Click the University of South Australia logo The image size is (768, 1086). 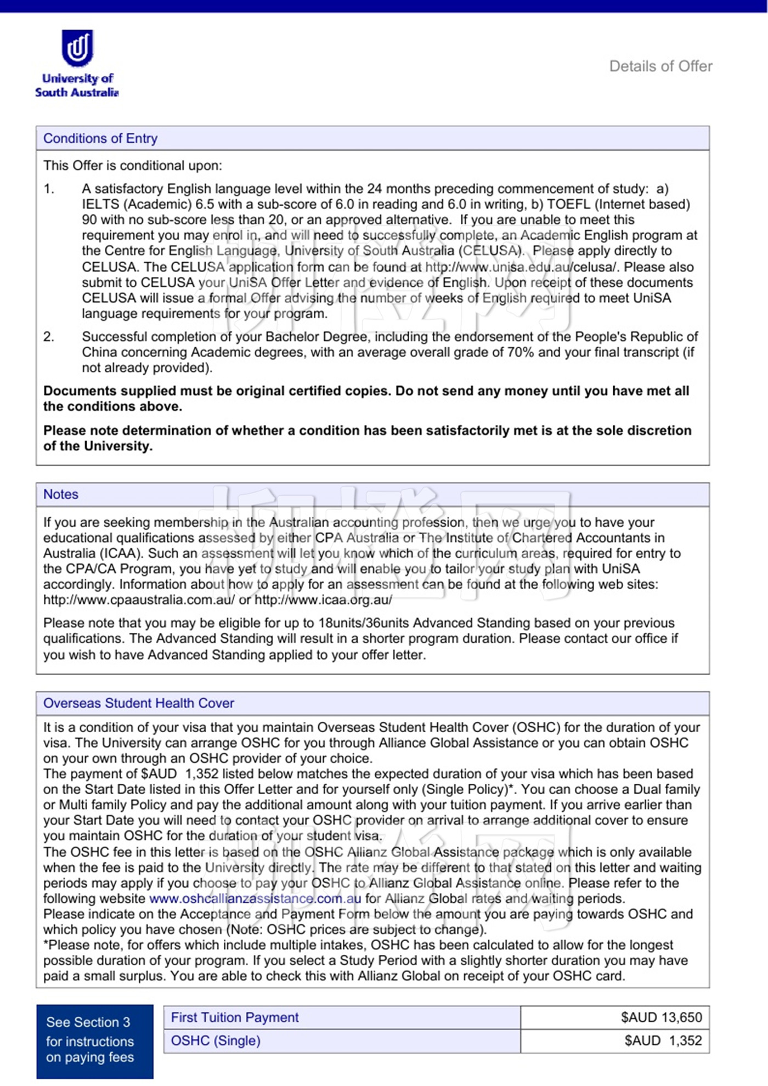pyautogui.click(x=77, y=63)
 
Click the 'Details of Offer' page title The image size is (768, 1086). pyautogui.click(x=660, y=66)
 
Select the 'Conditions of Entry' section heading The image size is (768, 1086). pyautogui.click(x=100, y=138)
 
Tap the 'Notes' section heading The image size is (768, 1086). pyautogui.click(x=61, y=494)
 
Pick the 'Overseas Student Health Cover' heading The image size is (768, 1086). pyautogui.click(x=138, y=703)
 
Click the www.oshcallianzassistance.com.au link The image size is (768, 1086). pyautogui.click(x=255, y=898)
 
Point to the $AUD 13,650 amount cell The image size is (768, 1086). pyautogui.click(x=661, y=1017)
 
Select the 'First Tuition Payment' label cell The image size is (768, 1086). pyautogui.click(x=235, y=1017)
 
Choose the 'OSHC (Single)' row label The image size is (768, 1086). pyautogui.click(x=216, y=1040)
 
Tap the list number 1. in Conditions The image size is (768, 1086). pyautogui.click(x=49, y=189)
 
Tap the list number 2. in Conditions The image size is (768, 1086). pyautogui.click(x=49, y=337)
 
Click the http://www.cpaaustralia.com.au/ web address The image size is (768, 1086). pyautogui.click(x=139, y=599)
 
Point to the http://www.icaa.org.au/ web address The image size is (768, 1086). pyautogui.click(x=323, y=599)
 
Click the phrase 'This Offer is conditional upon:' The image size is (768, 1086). pyautogui.click(x=133, y=166)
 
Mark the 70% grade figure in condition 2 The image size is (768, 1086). pyautogui.click(x=521, y=352)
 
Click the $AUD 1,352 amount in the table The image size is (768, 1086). pyautogui.click(x=663, y=1040)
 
